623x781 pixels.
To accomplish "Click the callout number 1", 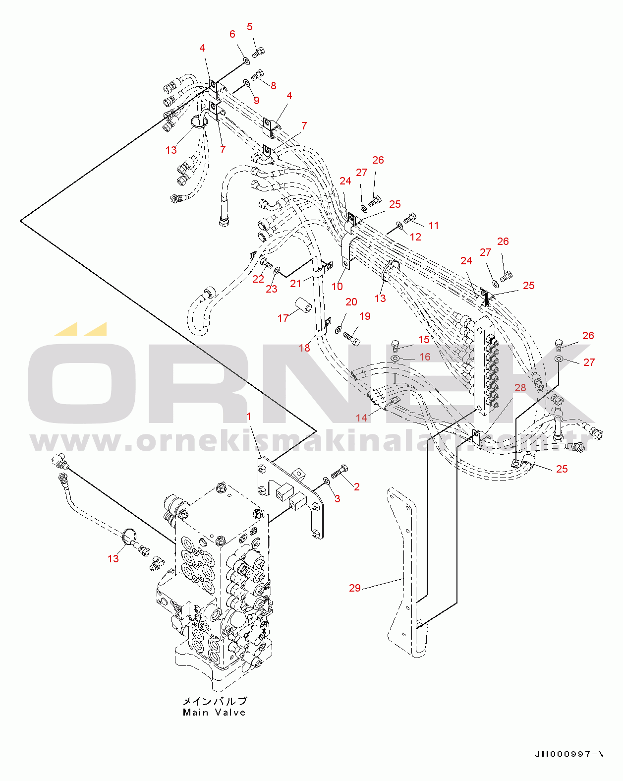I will point(249,417).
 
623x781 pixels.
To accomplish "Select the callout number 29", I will point(355,588).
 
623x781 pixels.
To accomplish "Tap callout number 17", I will point(283,318).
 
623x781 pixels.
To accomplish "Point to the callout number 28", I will point(520,387).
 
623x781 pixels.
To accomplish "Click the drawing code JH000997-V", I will point(569,754).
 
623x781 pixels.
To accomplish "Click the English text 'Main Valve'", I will point(214,713).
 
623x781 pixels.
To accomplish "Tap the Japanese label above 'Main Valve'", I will point(215,701).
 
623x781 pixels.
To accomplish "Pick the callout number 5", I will point(250,27).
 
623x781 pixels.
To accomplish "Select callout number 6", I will point(232,34).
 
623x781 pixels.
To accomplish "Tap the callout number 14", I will point(362,418).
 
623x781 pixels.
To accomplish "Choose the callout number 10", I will point(337,286).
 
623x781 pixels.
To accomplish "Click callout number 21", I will point(296,283).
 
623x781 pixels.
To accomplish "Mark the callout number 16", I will point(425,357).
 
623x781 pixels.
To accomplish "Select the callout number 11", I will point(434,226).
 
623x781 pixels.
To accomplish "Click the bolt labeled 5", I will point(259,51).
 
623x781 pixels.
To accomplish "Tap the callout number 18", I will point(304,348).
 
